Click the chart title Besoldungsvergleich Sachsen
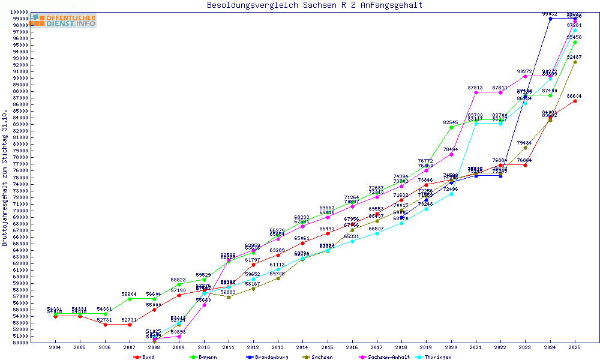[x=314, y=5]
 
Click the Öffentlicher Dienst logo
[x=64, y=20]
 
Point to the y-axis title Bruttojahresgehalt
[x=5, y=178]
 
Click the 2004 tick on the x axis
[x=55, y=347]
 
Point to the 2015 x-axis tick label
[x=328, y=347]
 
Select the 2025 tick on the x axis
[x=575, y=347]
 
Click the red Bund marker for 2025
[x=575, y=101]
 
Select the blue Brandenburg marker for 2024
[x=550, y=19]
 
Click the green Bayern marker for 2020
[x=451, y=127]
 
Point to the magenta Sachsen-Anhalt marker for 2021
[x=476, y=92]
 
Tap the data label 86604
[x=574, y=96]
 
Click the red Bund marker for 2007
[x=130, y=325]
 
